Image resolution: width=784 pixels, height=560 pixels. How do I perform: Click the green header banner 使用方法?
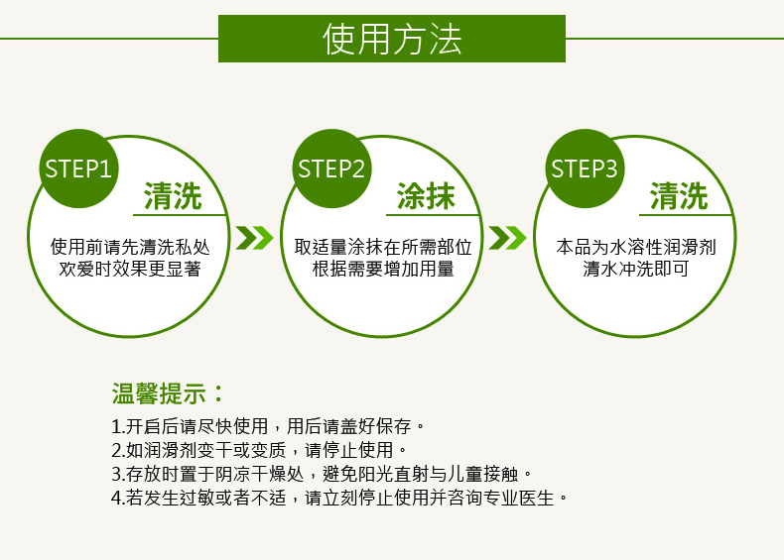[x=392, y=39]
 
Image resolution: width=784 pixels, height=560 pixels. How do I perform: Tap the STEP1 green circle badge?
[x=77, y=168]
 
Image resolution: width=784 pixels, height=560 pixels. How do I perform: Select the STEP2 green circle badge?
[x=331, y=168]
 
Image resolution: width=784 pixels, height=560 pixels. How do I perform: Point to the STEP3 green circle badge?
[x=585, y=168]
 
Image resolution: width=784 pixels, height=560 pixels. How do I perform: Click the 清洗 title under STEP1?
[x=173, y=196]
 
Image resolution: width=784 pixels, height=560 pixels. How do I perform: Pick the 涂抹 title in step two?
[x=427, y=196]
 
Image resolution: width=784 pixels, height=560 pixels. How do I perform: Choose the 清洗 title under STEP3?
[x=680, y=196]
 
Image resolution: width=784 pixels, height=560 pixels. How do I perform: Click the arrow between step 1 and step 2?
[x=254, y=238]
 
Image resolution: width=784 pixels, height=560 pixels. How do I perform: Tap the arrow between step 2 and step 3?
[x=507, y=238]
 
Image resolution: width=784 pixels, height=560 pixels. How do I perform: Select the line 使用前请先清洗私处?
[x=130, y=246]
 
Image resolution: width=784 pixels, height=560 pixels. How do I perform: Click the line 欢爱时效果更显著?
[x=130, y=268]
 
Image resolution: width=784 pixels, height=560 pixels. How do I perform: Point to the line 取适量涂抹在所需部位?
[x=383, y=246]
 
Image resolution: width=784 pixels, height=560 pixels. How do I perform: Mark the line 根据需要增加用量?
[x=383, y=268]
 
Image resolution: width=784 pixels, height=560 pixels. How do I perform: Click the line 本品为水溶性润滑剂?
[x=636, y=246]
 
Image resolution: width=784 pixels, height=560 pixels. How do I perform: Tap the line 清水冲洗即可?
[x=636, y=268]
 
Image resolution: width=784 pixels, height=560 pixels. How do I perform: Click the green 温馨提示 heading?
[x=169, y=392]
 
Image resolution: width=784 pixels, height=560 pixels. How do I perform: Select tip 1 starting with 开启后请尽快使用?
[x=269, y=428]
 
